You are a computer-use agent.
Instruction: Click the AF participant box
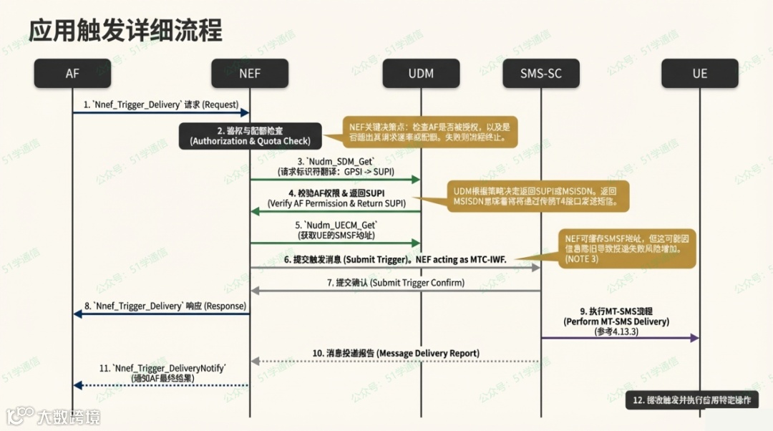tap(72, 73)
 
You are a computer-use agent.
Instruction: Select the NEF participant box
tap(250, 73)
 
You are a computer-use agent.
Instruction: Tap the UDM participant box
tap(420, 73)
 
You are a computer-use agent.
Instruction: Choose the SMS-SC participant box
tap(540, 73)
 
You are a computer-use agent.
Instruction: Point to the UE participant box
tap(699, 73)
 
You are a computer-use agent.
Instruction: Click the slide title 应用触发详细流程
tap(125, 30)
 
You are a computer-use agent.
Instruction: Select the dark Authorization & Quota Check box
tap(250, 136)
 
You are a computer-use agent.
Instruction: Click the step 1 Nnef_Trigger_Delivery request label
tap(160, 105)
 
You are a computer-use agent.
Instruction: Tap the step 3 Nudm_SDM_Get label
tap(335, 167)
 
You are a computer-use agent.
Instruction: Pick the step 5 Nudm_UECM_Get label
tap(335, 230)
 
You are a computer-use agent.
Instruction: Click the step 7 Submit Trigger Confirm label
tap(396, 283)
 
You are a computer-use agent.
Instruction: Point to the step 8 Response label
tap(160, 306)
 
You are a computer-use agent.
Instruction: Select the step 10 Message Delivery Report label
tap(396, 353)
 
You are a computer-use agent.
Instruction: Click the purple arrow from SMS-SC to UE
tap(620, 337)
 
